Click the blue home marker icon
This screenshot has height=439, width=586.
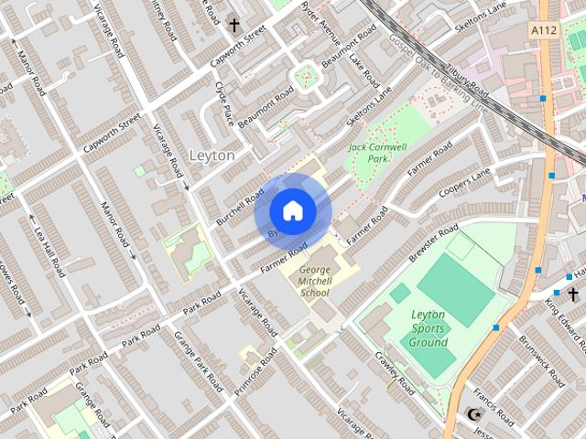pos(292,211)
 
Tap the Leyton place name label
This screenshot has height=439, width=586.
pos(212,155)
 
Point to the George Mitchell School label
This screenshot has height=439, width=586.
pos(315,281)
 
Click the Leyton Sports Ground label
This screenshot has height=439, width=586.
pos(429,328)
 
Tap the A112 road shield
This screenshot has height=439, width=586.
pos(545,30)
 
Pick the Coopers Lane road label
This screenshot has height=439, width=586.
pos(464,181)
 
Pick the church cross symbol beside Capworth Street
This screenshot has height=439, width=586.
pos(234,26)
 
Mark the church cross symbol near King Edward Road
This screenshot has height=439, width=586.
pos(573,294)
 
